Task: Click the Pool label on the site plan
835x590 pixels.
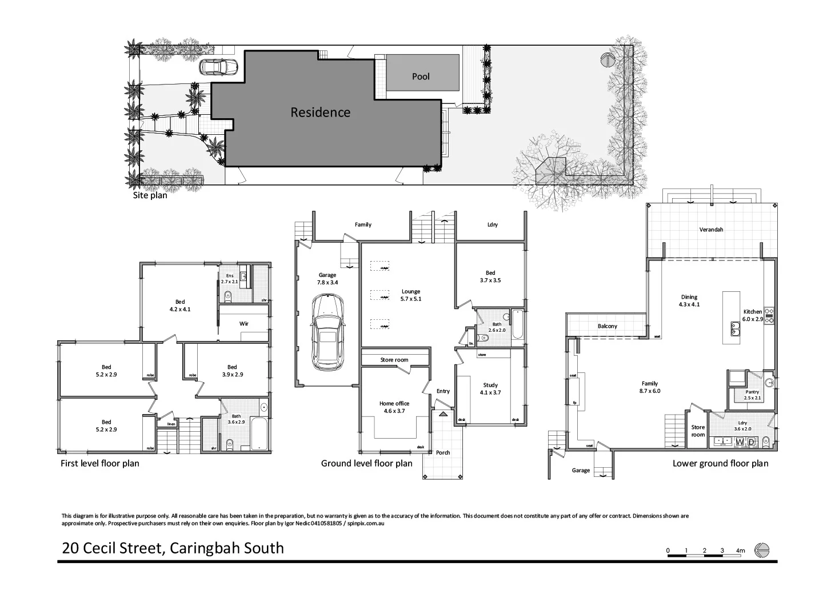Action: tap(421, 77)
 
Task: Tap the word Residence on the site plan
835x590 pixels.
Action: tap(320, 113)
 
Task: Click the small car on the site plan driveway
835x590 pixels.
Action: tap(218, 67)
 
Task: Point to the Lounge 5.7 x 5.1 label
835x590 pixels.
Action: tap(410, 295)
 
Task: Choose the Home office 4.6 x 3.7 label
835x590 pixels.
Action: tap(394, 407)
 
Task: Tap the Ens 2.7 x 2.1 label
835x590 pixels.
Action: tap(229, 279)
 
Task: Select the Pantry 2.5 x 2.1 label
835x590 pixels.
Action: tap(752, 395)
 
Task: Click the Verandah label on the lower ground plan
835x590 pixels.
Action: tap(711, 230)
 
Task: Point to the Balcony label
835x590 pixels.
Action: tap(607, 326)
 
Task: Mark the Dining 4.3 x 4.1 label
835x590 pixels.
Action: tap(689, 300)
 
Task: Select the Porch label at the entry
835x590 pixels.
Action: tap(443, 452)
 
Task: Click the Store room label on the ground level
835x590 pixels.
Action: tap(394, 360)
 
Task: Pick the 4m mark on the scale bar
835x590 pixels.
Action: tap(741, 551)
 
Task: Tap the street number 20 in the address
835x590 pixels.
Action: tap(71, 548)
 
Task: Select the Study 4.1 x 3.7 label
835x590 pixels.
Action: tap(490, 388)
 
